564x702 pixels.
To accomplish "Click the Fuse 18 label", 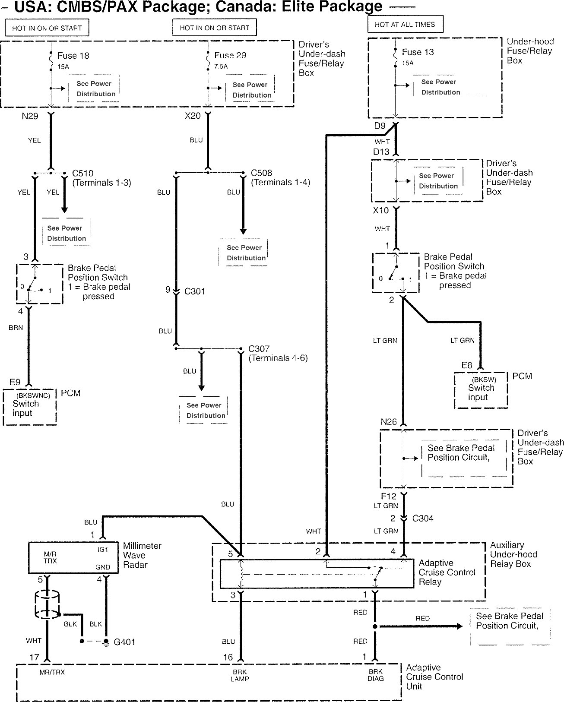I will (73, 56).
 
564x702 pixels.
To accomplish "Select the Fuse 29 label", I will (230, 55).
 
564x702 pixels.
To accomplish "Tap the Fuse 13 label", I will (417, 52).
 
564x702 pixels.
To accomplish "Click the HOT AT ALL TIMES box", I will (405, 25).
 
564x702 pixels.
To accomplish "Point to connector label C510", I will (83, 174).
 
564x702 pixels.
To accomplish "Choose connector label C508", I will (262, 173).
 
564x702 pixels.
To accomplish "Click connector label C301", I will (194, 291).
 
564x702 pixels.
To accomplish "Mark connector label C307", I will (259, 349).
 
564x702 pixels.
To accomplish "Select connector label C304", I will (422, 519).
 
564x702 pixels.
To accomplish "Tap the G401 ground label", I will (124, 642).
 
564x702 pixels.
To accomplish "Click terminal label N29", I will (30, 116).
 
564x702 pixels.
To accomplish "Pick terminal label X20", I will (193, 116).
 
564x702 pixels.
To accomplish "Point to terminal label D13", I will (381, 152).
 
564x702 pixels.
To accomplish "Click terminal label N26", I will (389, 422).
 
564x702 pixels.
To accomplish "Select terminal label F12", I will (388, 496).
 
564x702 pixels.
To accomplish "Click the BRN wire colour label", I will (16, 328).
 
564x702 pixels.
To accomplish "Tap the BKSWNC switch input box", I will (30, 408).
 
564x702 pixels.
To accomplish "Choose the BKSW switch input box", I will (481, 391).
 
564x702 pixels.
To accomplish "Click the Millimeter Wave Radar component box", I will (73, 557).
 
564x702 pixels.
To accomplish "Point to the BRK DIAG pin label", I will (375, 675).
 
